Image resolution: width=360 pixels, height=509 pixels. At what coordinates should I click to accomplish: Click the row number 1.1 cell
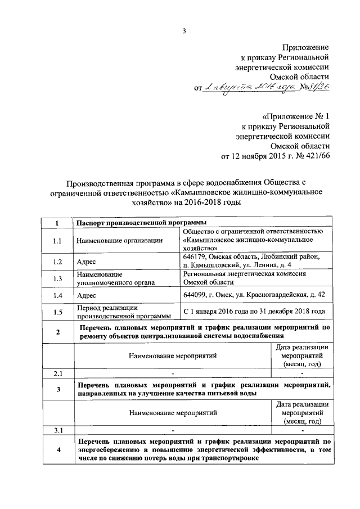pyautogui.click(x=57, y=240)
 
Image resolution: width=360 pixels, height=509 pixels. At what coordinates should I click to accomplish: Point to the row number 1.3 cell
pyautogui.click(x=57, y=278)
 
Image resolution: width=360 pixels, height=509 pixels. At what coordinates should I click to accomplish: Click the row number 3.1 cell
pyautogui.click(x=57, y=430)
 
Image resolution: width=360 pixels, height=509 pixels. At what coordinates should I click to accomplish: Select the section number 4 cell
pyautogui.click(x=57, y=450)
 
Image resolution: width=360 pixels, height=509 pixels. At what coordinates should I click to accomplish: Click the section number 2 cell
pyautogui.click(x=57, y=331)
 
